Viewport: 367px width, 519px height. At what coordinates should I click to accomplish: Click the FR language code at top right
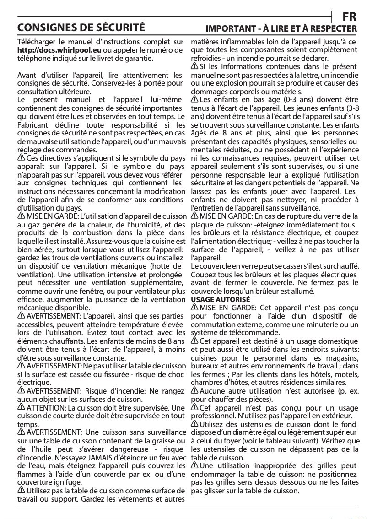(x=350, y=16)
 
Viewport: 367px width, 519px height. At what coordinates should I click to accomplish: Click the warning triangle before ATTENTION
(x=21, y=407)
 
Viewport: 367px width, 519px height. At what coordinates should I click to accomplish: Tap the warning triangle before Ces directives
(x=21, y=157)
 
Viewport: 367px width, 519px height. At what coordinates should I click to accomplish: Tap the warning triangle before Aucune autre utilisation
(x=194, y=390)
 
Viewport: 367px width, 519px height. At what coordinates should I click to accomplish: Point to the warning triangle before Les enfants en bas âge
(x=194, y=99)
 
